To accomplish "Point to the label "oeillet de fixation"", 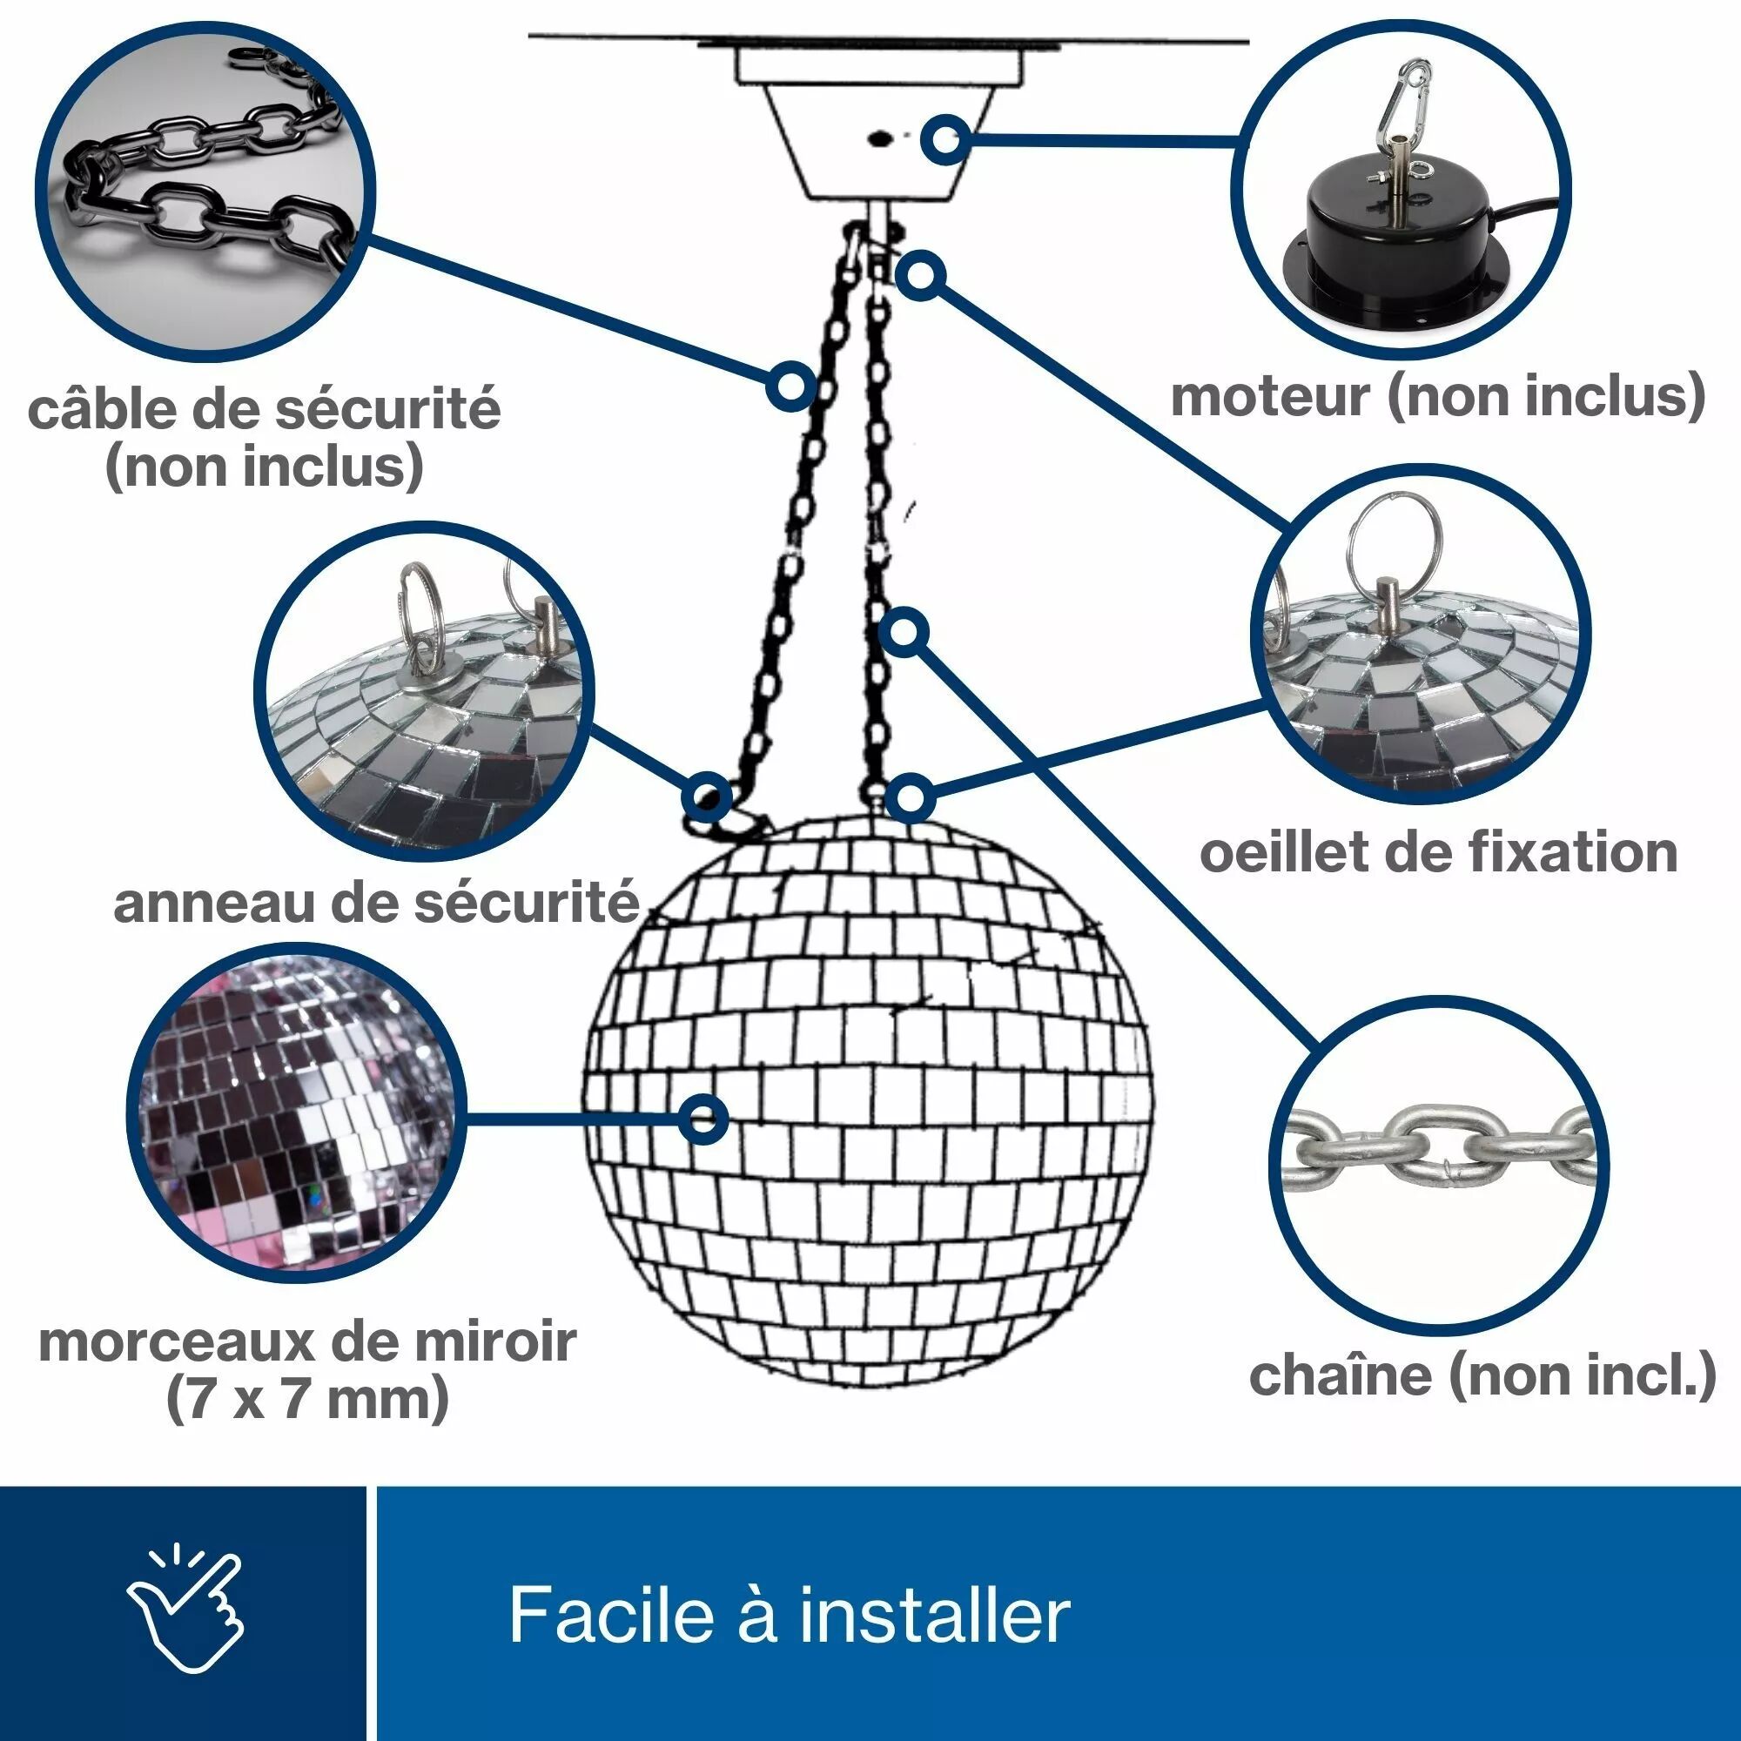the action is point(1438,851).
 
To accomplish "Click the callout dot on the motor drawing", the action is point(945,139).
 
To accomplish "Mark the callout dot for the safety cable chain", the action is point(790,387).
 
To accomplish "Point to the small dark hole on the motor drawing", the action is point(878,138).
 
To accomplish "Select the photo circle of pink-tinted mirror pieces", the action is point(298,1115).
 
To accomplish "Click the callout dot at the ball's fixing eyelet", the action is point(911,797).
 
